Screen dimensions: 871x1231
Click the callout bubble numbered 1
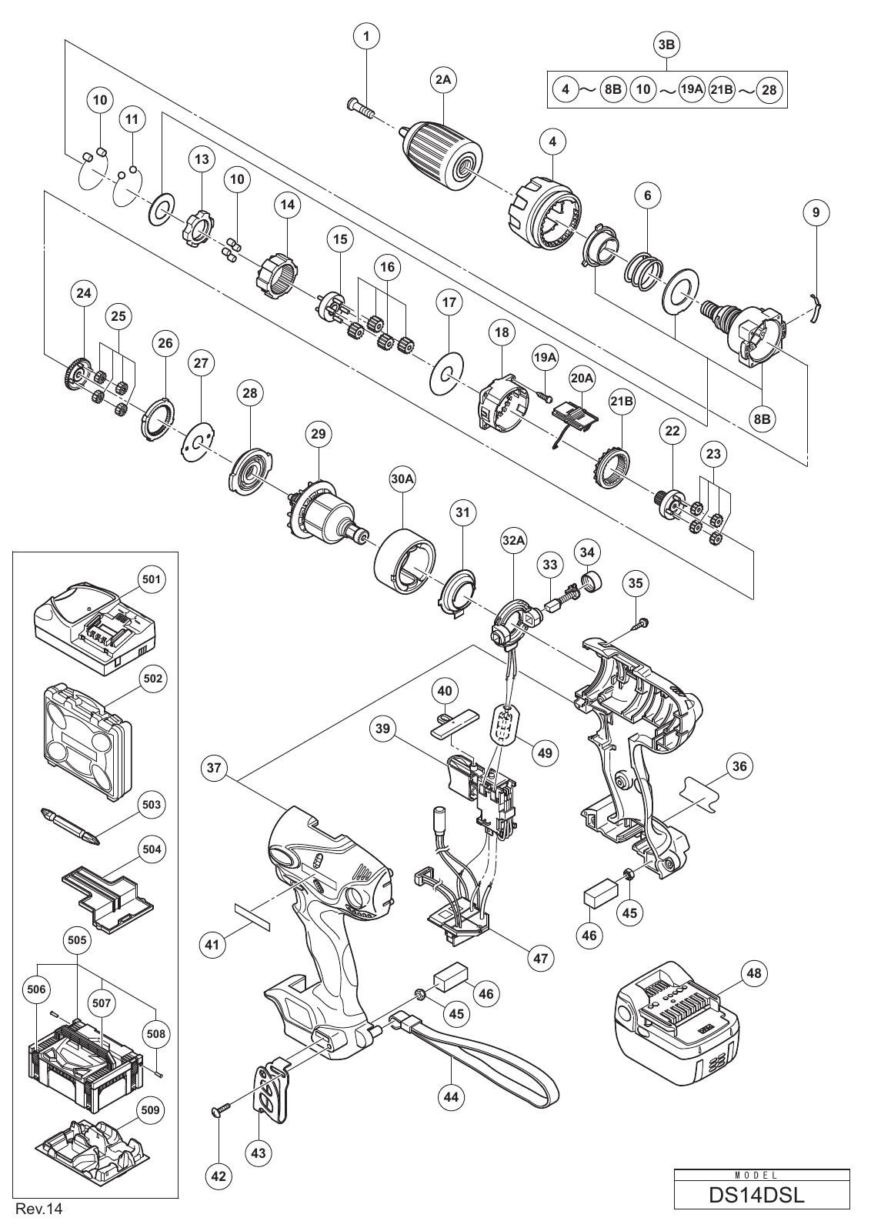pos(367,38)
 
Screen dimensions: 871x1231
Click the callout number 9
pos(816,212)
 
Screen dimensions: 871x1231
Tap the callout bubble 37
pos(214,767)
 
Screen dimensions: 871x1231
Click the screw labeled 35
pos(641,622)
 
